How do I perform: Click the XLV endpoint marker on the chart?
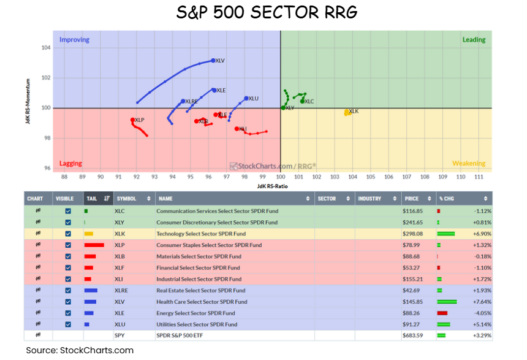tap(213, 60)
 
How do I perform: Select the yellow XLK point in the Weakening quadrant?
tap(347, 112)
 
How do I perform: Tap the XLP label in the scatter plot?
tap(140, 120)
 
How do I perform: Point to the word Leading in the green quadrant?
tap(473, 40)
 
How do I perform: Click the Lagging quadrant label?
tap(70, 164)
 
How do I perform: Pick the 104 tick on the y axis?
tap(46, 48)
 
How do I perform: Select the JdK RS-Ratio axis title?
tap(272, 186)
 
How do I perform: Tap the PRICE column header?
tap(412, 199)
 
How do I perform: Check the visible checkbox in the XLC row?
tap(68, 211)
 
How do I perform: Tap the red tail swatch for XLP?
tap(93, 245)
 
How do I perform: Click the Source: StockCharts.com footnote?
tap(79, 350)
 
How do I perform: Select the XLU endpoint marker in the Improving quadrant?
tap(246, 98)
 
